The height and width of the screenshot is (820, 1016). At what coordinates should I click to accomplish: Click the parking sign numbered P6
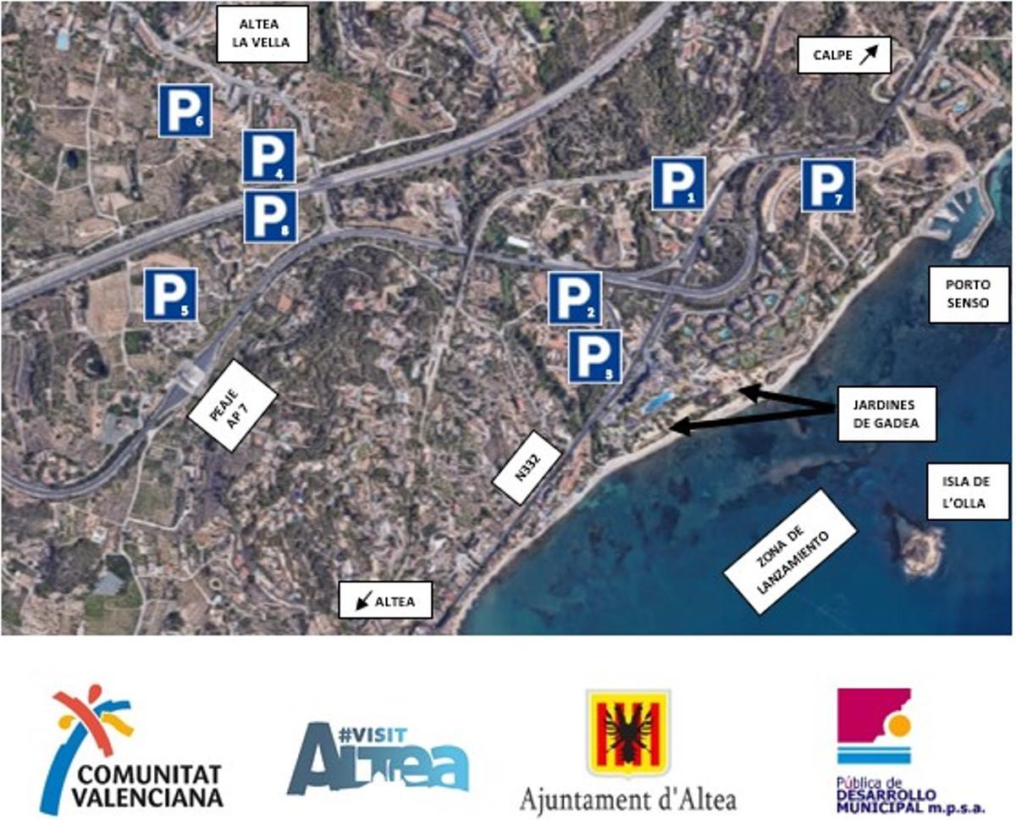[185, 110]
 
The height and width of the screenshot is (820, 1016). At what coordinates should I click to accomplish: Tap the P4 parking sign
[269, 156]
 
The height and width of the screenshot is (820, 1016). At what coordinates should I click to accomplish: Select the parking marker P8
[270, 216]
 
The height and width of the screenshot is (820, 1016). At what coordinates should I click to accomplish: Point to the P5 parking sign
[170, 294]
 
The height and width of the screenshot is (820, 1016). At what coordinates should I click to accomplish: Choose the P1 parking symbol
[678, 183]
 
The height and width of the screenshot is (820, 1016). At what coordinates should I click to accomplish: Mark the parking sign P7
[827, 185]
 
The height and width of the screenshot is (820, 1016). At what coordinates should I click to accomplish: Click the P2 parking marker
[575, 298]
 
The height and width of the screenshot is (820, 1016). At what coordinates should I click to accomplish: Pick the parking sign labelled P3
[594, 356]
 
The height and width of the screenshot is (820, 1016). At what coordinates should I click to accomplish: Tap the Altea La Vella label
[261, 35]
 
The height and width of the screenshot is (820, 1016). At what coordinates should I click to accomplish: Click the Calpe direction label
[844, 56]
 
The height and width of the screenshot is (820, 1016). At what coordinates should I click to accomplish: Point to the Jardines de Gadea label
[886, 414]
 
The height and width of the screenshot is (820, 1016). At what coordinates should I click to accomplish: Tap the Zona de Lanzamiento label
[791, 551]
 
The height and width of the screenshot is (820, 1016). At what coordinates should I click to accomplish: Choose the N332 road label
[527, 476]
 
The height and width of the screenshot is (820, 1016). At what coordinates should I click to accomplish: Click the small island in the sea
[918, 543]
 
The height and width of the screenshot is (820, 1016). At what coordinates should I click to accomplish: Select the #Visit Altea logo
[378, 757]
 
